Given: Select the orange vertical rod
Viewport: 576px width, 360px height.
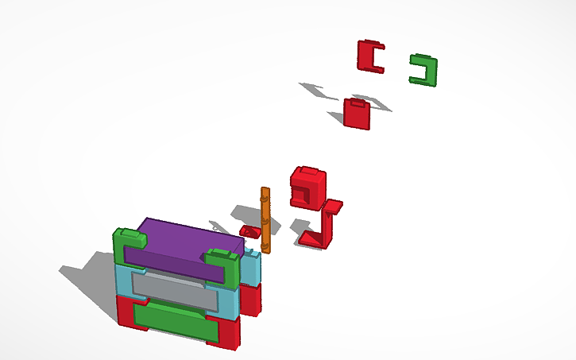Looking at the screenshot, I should (265, 222).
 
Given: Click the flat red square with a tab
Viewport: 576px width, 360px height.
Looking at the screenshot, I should (357, 115).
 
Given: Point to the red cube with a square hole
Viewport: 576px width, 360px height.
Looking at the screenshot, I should (308, 188).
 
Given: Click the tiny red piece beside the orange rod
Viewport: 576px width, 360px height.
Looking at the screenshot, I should (250, 231).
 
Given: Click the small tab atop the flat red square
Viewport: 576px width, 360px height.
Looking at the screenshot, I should (358, 102).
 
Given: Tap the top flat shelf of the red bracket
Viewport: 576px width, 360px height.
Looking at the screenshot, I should (333, 207).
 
